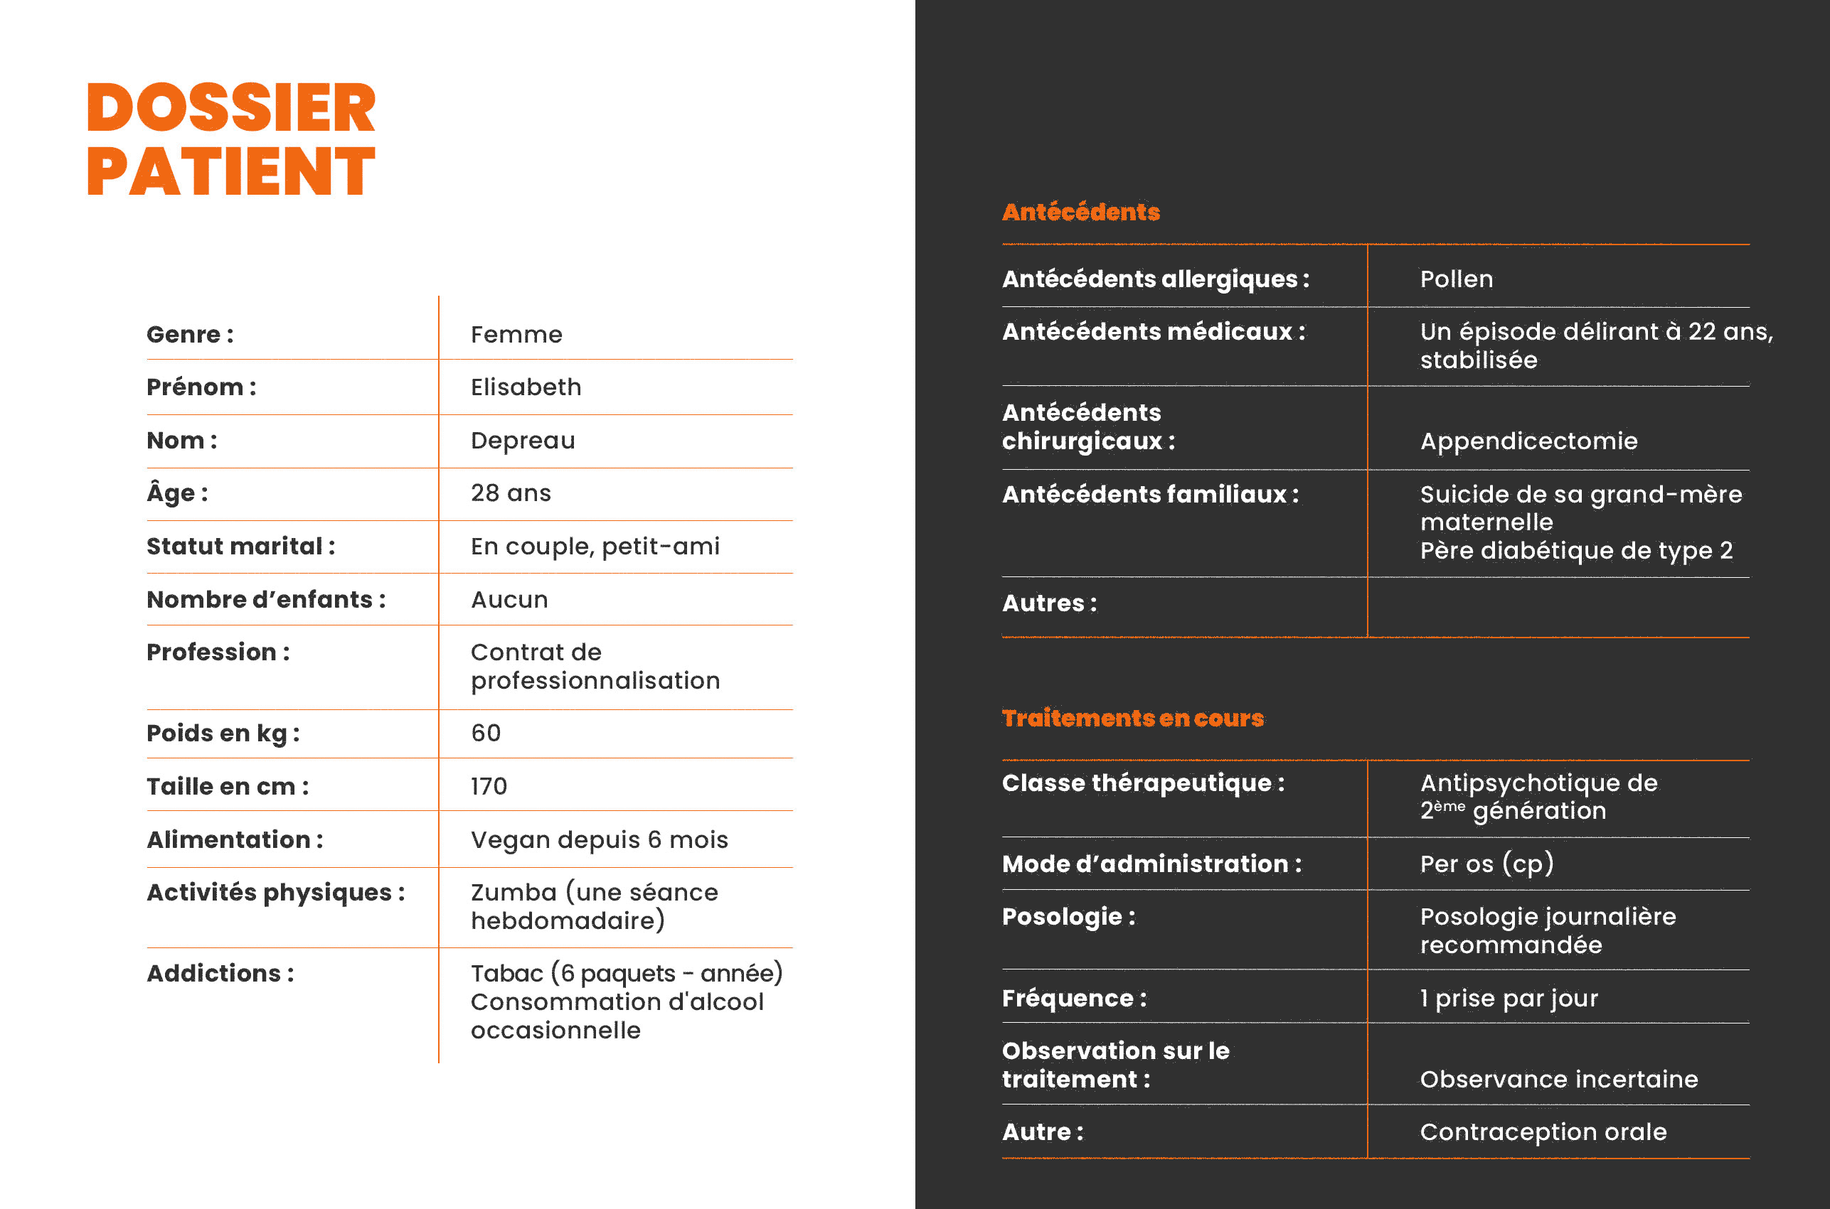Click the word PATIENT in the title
click(x=230, y=171)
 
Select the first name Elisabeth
click(x=526, y=387)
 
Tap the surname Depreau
click(x=523, y=440)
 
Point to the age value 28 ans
click(x=511, y=493)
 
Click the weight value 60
click(x=486, y=733)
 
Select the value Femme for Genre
click(x=516, y=335)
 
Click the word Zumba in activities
click(x=513, y=892)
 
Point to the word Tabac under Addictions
click(x=506, y=973)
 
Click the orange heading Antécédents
click(x=1080, y=212)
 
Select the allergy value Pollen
click(x=1457, y=279)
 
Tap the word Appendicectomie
click(x=1528, y=441)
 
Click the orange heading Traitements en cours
click(x=1132, y=718)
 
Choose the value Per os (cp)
click(x=1486, y=864)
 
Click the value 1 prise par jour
click(x=1509, y=999)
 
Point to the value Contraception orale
click(x=1543, y=1132)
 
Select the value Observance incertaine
click(x=1558, y=1080)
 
